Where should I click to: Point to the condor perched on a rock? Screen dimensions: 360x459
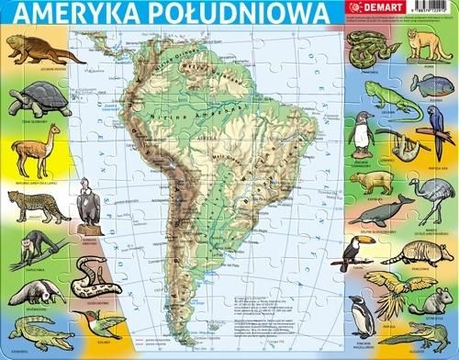click(89, 201)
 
